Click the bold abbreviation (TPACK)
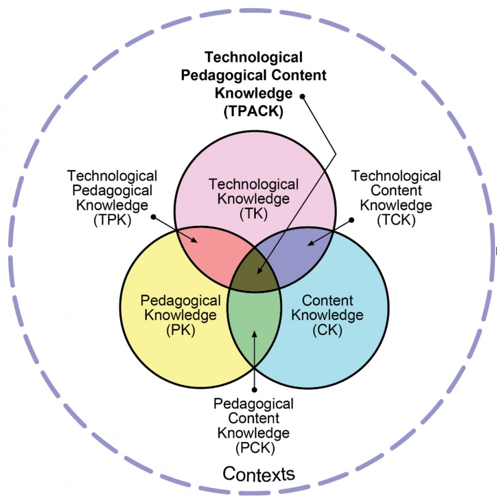pyautogui.click(x=253, y=111)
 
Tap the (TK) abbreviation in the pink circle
pyautogui.click(x=253, y=214)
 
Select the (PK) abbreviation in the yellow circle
pyautogui.click(x=180, y=330)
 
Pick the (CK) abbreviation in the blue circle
pyautogui.click(x=327, y=330)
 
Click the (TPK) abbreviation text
pyautogui.click(x=112, y=220)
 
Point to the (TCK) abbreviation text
pyautogui.click(x=396, y=220)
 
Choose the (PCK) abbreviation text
pyautogui.click(x=255, y=448)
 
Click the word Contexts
pyautogui.click(x=259, y=474)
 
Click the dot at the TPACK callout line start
pyautogui.click(x=303, y=96)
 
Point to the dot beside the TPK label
pyautogui.click(x=153, y=217)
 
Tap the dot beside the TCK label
pyautogui.click(x=351, y=220)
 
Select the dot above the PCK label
pyautogui.click(x=254, y=390)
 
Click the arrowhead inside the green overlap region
pyautogui.click(x=254, y=334)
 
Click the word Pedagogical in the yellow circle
pyautogui.click(x=180, y=301)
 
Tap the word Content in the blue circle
pyautogui.click(x=328, y=300)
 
